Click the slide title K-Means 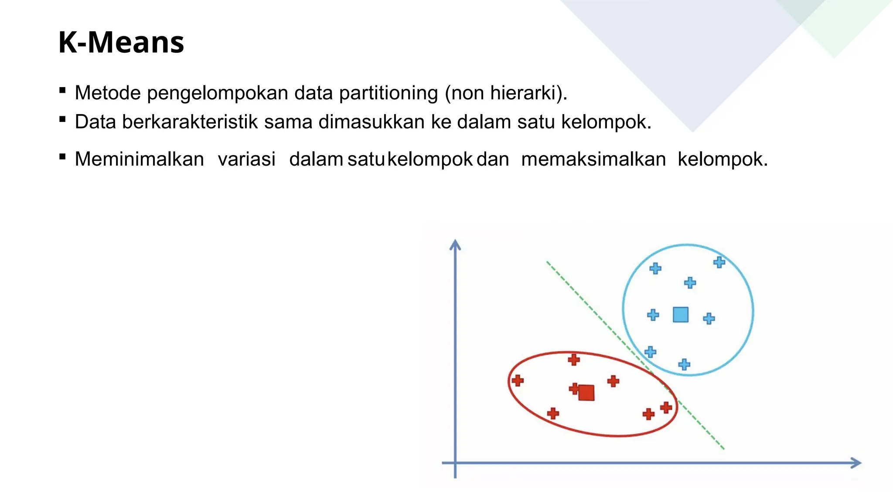pos(121,43)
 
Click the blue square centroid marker pos(680,315)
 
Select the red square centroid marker pos(586,393)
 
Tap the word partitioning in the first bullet pos(388,93)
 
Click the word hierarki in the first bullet pos(523,93)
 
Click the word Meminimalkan pos(139,159)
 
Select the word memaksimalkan pos(593,159)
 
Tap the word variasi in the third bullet pos(246,159)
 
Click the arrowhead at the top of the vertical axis pos(455,244)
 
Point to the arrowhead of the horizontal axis pos(856,463)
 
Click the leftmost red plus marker pos(518,381)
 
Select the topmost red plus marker pos(574,360)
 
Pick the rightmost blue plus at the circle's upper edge pos(719,262)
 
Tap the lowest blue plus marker pos(684,364)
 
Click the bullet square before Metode pos(62,91)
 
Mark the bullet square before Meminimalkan pos(62,157)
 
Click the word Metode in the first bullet pos(108,93)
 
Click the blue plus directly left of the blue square pos(653,315)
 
